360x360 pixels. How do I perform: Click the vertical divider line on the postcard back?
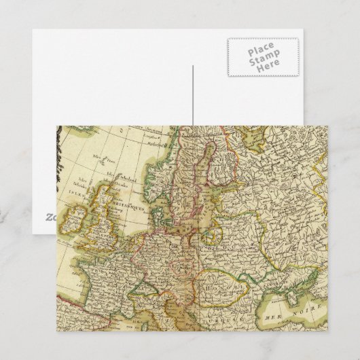[193, 95]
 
